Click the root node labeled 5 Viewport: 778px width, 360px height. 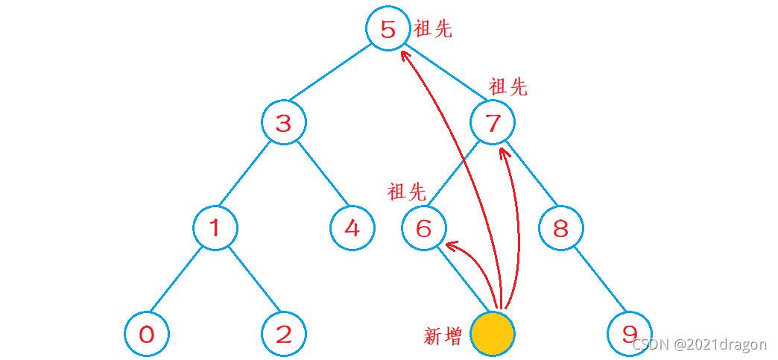pyautogui.click(x=388, y=29)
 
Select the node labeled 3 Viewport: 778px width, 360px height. pyautogui.click(x=283, y=123)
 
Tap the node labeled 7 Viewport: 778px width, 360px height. pyautogui.click(x=493, y=122)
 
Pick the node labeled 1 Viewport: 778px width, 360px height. pyautogui.click(x=215, y=227)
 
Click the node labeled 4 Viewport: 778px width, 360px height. pyautogui.click(x=352, y=228)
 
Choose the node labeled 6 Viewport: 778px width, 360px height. pyautogui.click(x=423, y=228)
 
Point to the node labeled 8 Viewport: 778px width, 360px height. pyautogui.click(x=561, y=228)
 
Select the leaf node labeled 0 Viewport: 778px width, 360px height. pyautogui.click(x=146, y=333)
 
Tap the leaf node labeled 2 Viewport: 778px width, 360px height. pyautogui.click(x=284, y=333)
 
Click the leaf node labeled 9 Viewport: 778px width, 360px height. pyautogui.click(x=630, y=333)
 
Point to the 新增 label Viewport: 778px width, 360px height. pyautogui.click(x=443, y=336)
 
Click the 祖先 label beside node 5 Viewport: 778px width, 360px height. pyautogui.click(x=433, y=29)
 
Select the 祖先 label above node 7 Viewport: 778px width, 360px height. pyautogui.click(x=508, y=87)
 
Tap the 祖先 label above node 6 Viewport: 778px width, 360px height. pyautogui.click(x=407, y=192)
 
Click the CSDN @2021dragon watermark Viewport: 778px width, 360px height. pyautogui.click(x=699, y=344)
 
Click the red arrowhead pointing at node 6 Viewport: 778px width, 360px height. pyautogui.click(x=450, y=244)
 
